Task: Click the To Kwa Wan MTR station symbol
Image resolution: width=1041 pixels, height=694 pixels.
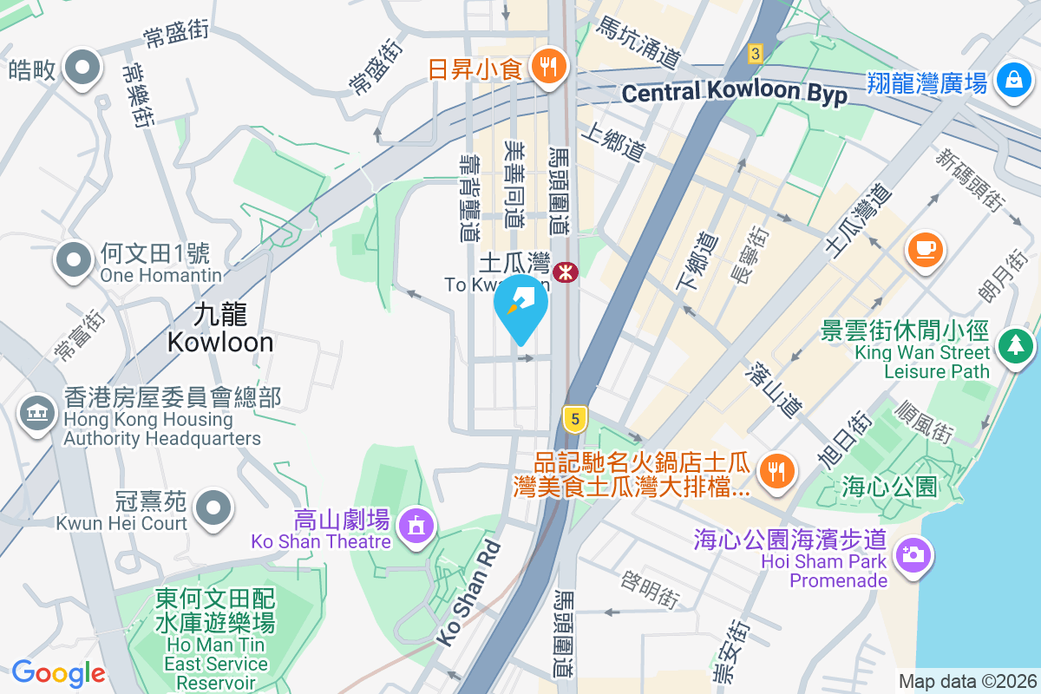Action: pos(567,272)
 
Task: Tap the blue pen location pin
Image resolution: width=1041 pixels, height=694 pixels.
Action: pos(520,306)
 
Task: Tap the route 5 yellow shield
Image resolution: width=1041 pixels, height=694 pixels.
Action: pos(573,420)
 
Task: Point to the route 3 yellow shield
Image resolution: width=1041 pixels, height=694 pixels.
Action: pos(756,54)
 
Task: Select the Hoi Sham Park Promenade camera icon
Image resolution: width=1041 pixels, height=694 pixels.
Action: pos(913,553)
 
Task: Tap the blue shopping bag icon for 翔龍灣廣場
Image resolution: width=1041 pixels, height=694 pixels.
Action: pos(1012,80)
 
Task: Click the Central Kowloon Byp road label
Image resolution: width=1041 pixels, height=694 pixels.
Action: pos(735,93)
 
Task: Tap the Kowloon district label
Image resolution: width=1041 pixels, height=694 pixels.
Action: pos(220,327)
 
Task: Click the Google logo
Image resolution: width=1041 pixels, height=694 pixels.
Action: pos(58,672)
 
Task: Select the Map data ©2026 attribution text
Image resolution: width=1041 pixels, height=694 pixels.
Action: pos(966,681)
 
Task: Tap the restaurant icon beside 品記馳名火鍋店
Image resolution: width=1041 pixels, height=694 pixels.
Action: pos(773,470)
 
